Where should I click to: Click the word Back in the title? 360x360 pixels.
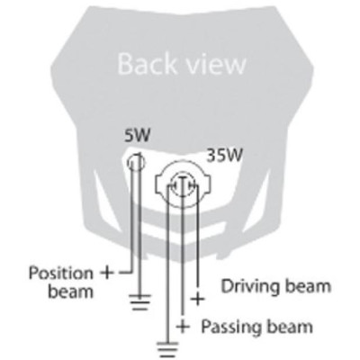(x=147, y=64)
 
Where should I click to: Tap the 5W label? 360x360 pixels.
(x=137, y=137)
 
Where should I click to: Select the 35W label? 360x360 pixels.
(x=225, y=157)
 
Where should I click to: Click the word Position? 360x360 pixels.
(x=61, y=274)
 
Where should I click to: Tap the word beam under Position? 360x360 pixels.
(x=70, y=292)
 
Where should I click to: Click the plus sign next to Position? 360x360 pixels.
(x=107, y=273)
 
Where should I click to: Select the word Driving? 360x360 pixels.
(x=250, y=286)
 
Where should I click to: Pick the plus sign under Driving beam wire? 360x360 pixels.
(x=198, y=299)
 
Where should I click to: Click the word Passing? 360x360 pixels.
(x=229, y=327)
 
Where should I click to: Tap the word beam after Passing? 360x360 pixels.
(x=288, y=326)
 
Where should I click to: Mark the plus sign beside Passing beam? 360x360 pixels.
(x=183, y=326)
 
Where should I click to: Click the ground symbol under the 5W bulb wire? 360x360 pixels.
(x=139, y=302)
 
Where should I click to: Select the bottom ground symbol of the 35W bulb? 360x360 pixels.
(x=168, y=349)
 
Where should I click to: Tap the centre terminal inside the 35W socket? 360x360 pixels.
(x=182, y=185)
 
